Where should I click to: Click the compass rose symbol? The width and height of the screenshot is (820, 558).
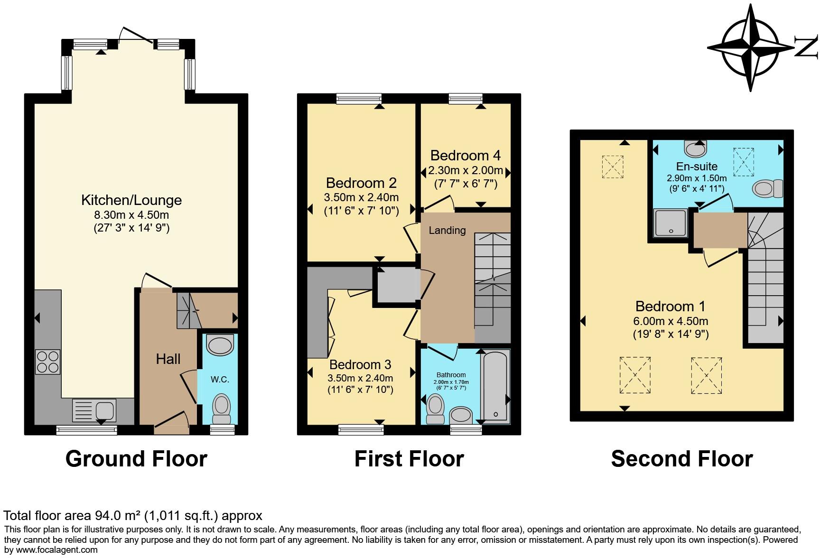(751, 47)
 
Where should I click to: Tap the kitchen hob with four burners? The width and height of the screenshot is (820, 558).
(47, 362)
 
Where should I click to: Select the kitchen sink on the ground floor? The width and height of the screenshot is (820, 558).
(94, 410)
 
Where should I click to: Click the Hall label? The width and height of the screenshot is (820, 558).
(168, 359)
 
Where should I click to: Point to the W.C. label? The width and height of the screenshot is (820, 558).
(220, 380)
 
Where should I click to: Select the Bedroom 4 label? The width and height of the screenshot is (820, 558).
(465, 156)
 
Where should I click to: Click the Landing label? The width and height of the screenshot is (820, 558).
(447, 231)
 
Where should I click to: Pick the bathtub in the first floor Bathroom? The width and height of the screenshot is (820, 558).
(495, 385)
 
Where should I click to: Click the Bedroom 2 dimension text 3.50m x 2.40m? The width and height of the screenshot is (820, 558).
(361, 197)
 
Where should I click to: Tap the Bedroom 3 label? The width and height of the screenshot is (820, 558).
(360, 364)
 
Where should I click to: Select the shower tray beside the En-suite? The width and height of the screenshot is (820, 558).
(671, 223)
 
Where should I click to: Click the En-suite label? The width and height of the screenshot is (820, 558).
(697, 167)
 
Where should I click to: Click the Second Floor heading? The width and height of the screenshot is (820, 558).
(681, 459)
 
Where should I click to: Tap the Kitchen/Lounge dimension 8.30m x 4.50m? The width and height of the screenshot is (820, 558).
(131, 214)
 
